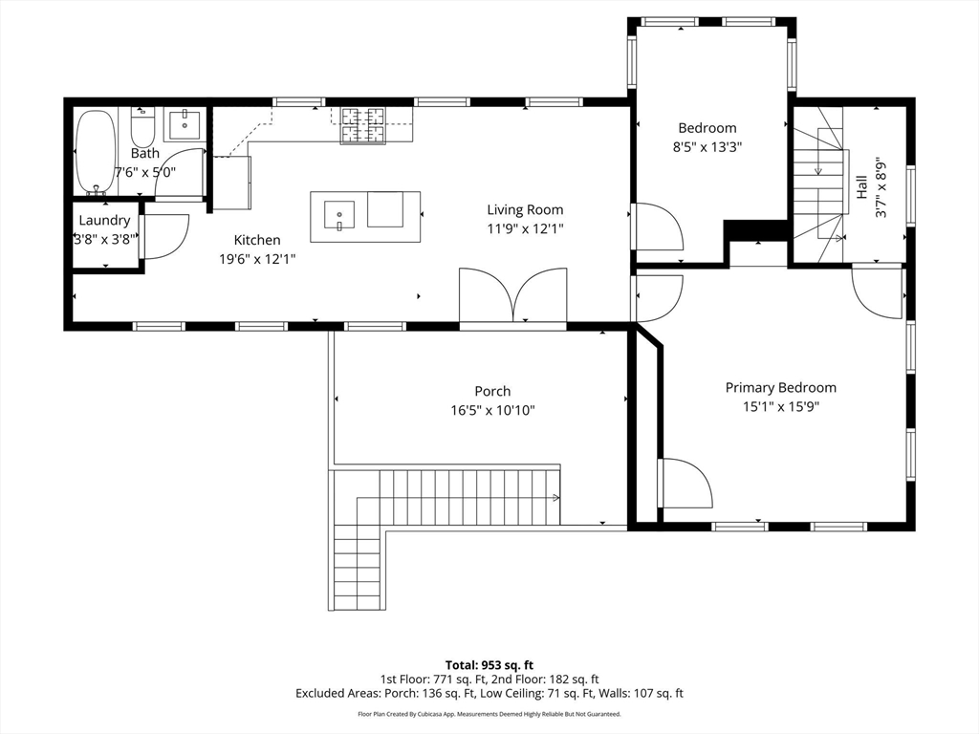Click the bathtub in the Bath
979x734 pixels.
point(95,152)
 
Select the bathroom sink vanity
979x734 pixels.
point(184,125)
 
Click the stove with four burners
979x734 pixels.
point(363,125)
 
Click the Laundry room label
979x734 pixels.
point(104,221)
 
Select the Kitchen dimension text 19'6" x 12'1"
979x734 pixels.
point(252,258)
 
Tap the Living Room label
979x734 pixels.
point(525,210)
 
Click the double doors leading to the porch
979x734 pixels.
point(513,296)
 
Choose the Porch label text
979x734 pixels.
point(492,391)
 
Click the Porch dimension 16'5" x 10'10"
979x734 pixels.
point(492,410)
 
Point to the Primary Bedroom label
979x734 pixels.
point(780,387)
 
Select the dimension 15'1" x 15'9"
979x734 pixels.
point(780,406)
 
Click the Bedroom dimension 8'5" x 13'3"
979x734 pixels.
point(707,147)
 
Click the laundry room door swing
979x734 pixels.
point(165,237)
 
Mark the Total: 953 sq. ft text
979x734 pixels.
point(489,665)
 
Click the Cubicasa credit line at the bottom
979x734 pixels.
point(489,714)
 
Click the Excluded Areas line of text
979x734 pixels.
point(489,694)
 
